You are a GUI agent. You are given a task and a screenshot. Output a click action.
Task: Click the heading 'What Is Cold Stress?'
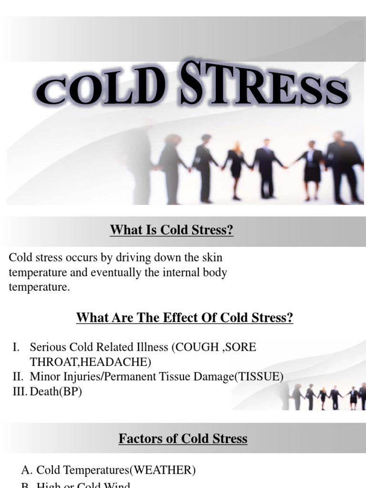pos(172,231)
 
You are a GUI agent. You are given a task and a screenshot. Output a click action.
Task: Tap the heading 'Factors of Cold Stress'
pos(183,438)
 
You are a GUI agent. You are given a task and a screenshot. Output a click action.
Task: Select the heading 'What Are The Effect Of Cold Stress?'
pos(184,317)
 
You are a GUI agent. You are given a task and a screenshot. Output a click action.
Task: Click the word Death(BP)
pos(56,392)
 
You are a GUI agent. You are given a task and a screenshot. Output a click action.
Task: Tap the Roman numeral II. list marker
pos(18,377)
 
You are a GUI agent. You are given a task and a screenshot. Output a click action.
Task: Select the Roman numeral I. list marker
pos(16,347)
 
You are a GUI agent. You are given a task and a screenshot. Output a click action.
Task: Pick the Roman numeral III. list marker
pos(19,392)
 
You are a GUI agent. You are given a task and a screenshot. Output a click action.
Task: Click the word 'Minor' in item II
pos(44,377)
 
